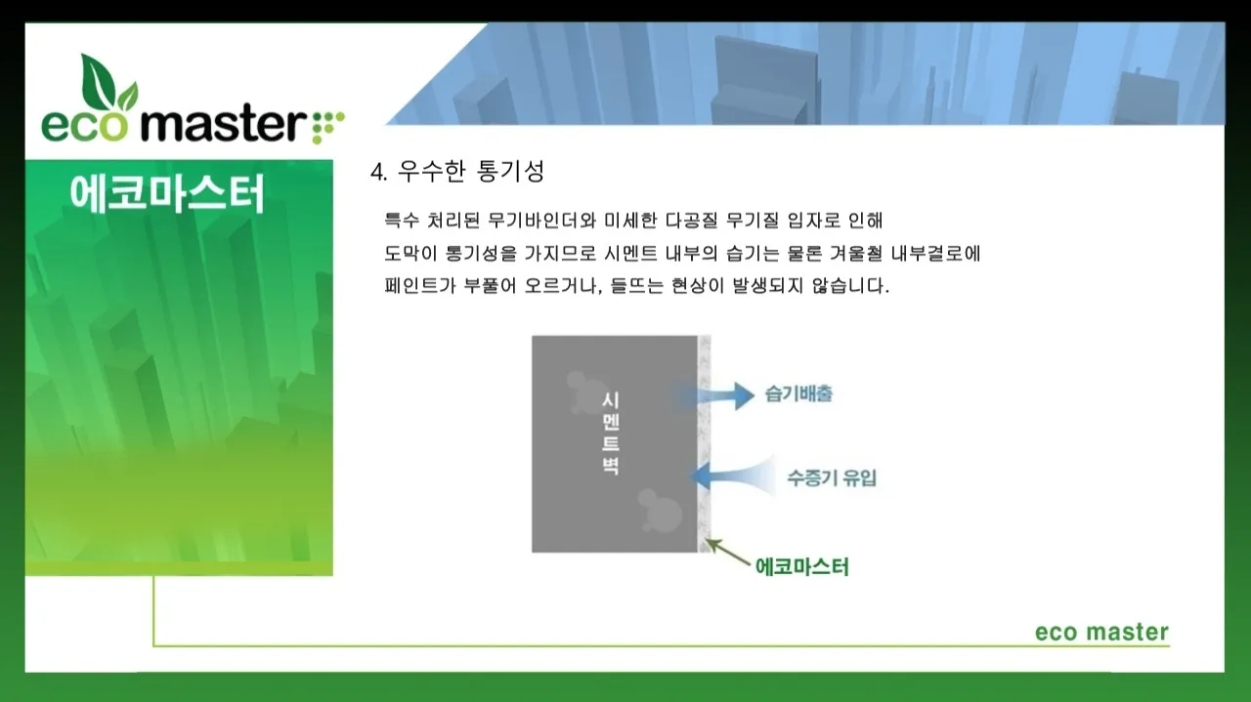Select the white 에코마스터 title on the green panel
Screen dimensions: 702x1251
(x=167, y=194)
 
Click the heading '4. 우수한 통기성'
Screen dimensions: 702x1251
(x=457, y=172)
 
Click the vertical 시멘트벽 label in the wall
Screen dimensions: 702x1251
(x=610, y=433)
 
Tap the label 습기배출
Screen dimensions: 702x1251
(x=798, y=395)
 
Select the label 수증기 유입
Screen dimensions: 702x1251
(x=832, y=478)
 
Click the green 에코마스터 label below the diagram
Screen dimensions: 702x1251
(x=802, y=566)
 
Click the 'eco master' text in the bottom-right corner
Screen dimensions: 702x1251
(x=1101, y=633)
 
